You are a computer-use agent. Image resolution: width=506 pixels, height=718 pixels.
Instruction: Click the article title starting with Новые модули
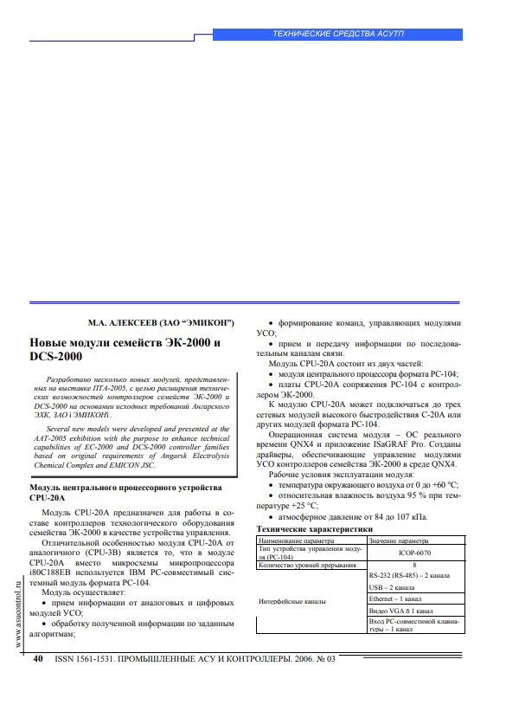[x=125, y=350]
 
